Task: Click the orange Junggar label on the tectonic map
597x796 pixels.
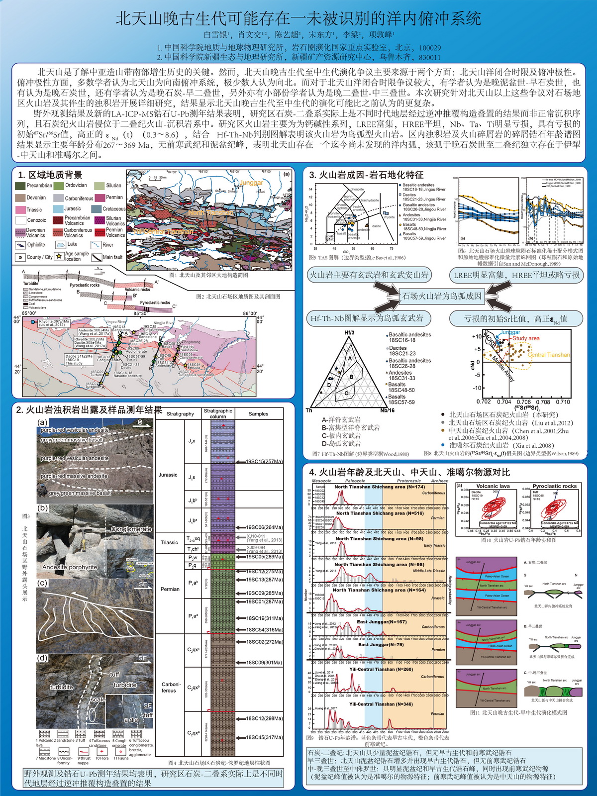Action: click(251, 183)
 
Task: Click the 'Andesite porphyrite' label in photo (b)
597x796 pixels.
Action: click(70, 567)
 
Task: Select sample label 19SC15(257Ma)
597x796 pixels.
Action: click(264, 461)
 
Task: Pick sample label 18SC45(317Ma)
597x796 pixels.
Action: click(264, 737)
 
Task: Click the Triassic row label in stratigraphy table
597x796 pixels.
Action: click(169, 542)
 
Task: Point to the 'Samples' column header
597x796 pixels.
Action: click(258, 413)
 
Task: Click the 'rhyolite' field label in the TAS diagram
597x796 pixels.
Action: click(389, 217)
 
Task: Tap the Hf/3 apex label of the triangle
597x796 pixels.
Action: click(349, 332)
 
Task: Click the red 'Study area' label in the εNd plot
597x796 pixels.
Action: click(526, 338)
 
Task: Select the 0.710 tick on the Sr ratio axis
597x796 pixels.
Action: click(563, 401)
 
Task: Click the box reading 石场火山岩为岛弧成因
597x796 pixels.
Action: click(442, 297)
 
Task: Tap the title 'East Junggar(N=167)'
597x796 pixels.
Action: click(382, 622)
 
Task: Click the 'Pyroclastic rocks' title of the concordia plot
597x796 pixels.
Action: click(554, 486)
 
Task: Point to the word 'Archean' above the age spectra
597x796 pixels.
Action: click(439, 481)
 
